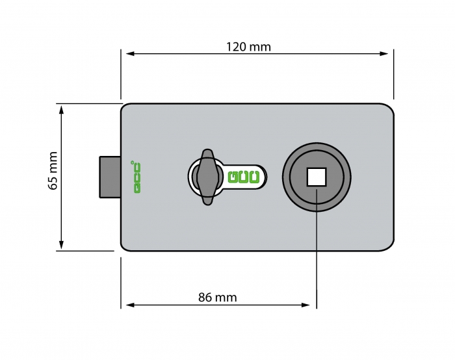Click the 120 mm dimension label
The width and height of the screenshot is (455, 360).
[248, 47]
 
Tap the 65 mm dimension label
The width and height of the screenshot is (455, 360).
[53, 170]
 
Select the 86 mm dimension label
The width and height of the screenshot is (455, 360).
[218, 298]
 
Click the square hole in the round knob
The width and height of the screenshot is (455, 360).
[317, 177]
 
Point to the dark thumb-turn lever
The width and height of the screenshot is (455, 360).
[207, 177]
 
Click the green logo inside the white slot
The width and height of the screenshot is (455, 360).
[244, 177]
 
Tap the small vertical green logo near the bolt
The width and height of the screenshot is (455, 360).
[137, 177]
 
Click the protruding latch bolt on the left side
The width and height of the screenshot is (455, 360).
[110, 177]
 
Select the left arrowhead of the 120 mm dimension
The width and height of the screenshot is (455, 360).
[130, 54]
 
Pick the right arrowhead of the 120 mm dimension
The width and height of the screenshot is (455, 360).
[384, 54]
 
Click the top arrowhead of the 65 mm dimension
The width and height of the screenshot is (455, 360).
[61, 110]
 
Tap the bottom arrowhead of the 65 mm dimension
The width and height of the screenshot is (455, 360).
[61, 244]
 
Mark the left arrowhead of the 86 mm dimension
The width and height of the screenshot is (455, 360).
[130, 305]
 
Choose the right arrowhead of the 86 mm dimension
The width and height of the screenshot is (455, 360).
[306, 305]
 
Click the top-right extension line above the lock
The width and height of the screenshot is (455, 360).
[394, 74]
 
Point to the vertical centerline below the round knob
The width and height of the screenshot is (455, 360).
[317, 249]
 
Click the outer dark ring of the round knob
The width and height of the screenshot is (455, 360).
[317, 146]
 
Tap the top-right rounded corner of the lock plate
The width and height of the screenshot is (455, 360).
[390, 107]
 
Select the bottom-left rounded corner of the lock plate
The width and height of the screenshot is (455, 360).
[124, 248]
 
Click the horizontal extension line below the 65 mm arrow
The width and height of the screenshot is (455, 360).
[85, 251]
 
